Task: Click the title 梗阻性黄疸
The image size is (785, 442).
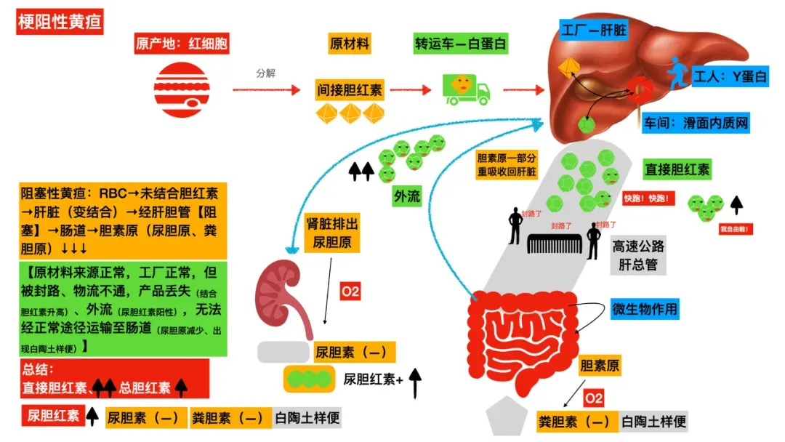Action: coord(60,23)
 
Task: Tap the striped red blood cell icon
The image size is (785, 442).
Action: coord(181,89)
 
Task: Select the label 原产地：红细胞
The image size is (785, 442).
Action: coord(182,44)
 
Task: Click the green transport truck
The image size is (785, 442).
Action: coord(466,89)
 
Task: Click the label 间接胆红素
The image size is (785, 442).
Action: coord(350,91)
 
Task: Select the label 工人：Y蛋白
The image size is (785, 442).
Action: coord(730,76)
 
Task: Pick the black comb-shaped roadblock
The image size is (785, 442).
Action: coord(556,244)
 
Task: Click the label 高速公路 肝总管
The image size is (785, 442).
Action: coord(640,256)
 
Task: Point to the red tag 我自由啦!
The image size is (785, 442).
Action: coord(735,230)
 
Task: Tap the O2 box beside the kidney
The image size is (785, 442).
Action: coord(350,292)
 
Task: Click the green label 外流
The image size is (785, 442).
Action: coord(407,196)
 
